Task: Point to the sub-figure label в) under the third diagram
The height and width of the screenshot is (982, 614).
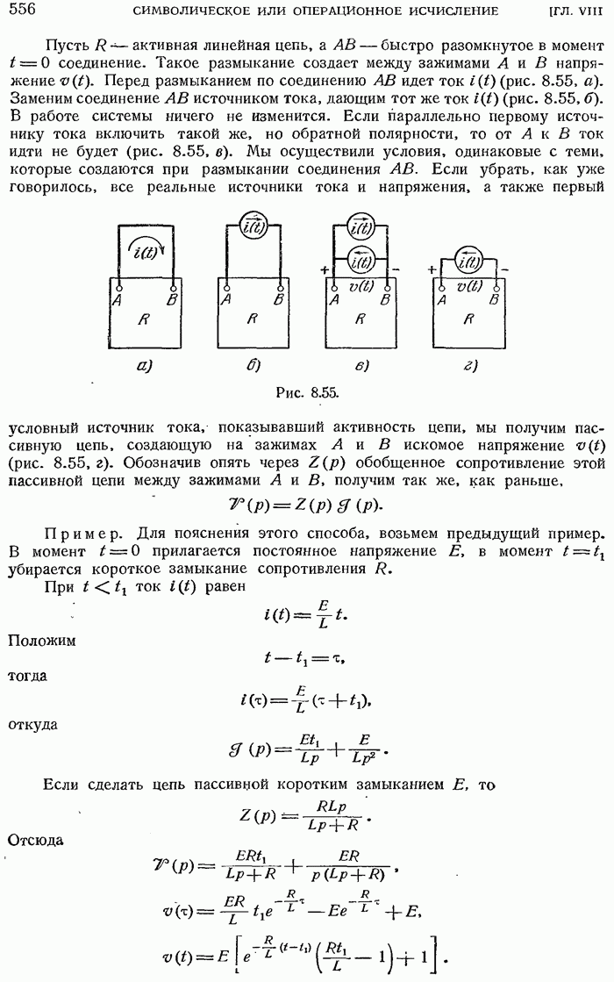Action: tap(360, 367)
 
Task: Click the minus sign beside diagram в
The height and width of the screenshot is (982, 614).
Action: tap(396, 267)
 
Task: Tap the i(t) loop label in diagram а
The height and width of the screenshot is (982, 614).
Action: tap(144, 254)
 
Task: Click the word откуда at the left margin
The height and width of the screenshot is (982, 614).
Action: tap(33, 726)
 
